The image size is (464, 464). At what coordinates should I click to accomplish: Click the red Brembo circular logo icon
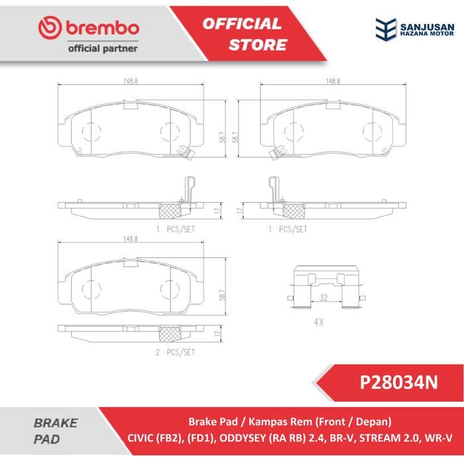click(x=50, y=28)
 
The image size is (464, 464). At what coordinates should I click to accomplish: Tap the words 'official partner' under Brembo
click(x=103, y=48)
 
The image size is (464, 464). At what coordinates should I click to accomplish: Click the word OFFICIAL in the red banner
click(x=242, y=24)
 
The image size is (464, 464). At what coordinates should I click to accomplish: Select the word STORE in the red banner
click(x=258, y=44)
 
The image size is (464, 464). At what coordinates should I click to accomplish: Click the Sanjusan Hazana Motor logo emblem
click(x=386, y=29)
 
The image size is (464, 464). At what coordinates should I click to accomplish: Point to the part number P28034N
click(x=398, y=382)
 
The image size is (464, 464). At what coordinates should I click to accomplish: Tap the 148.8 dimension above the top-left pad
click(x=131, y=81)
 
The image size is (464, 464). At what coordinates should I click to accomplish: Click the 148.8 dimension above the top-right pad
click(x=333, y=81)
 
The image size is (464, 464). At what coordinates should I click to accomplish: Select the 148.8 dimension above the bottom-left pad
click(x=131, y=239)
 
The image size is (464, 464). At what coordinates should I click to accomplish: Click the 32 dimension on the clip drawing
click(x=323, y=298)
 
